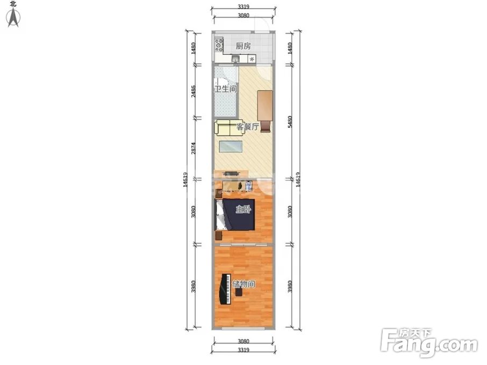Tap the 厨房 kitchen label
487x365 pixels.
(x=243, y=46)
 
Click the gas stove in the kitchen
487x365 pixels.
(x=219, y=45)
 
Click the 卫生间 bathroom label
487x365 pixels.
(x=226, y=89)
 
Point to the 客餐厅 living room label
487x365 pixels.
(x=248, y=127)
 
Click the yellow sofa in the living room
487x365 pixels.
(x=229, y=128)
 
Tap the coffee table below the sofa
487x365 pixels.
(x=231, y=147)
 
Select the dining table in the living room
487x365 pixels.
(x=265, y=105)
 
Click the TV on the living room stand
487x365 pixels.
(x=231, y=174)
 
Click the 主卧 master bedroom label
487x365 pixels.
(x=243, y=210)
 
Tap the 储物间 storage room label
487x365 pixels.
(x=244, y=284)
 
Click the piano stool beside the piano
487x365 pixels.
(x=239, y=292)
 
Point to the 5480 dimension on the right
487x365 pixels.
(x=290, y=121)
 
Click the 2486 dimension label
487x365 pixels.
(x=193, y=91)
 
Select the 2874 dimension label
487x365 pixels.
(x=193, y=148)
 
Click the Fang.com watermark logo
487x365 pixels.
(x=429, y=342)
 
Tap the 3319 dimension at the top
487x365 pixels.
(x=243, y=6)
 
